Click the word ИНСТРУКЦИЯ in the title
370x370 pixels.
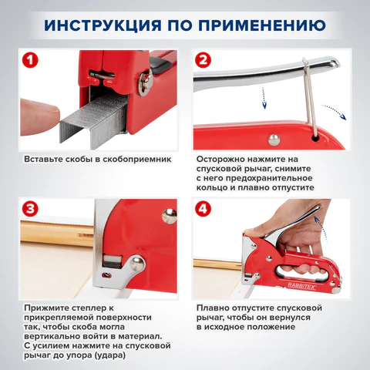point(103,25)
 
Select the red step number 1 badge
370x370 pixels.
point(30,60)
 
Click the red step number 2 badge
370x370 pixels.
point(203,60)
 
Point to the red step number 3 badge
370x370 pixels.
point(30,209)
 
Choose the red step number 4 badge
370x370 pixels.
point(203,209)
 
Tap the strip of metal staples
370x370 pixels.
point(94,121)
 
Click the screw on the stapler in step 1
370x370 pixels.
point(146,83)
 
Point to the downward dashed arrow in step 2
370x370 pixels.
point(264,98)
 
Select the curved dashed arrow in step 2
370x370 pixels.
point(334,110)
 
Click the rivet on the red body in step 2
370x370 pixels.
point(274,140)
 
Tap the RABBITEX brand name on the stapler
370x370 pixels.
point(301,286)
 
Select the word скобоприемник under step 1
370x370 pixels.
point(137,160)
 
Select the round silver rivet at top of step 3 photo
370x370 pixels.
point(170,216)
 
